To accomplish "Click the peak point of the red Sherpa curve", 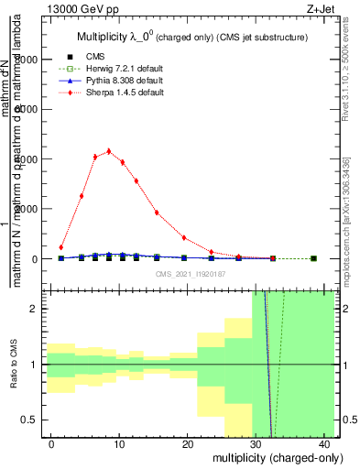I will click(109, 151).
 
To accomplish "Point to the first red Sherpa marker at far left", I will click(61, 247).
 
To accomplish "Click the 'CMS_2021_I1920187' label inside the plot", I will click(190, 274).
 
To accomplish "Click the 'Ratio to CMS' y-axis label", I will click(14, 365).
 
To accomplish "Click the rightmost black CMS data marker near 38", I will click(313, 258).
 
